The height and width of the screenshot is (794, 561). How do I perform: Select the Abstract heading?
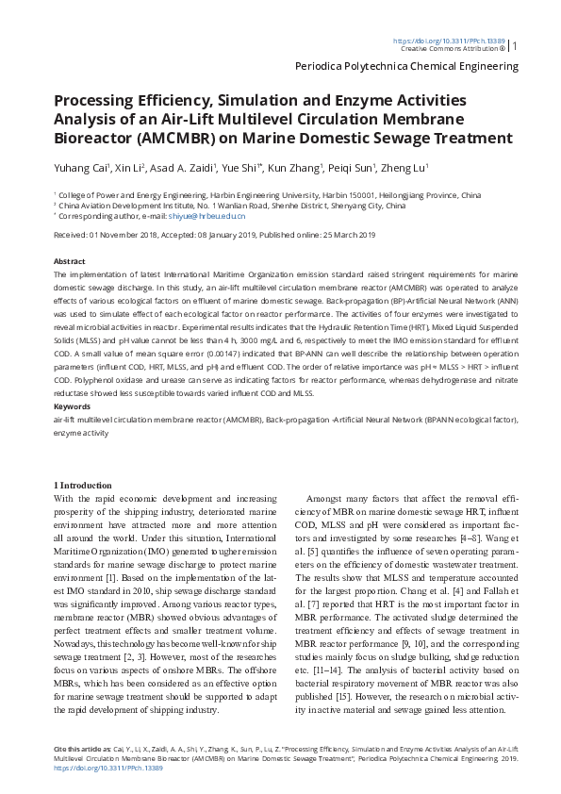click(x=70, y=260)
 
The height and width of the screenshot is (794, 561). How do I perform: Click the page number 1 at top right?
click(x=515, y=45)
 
